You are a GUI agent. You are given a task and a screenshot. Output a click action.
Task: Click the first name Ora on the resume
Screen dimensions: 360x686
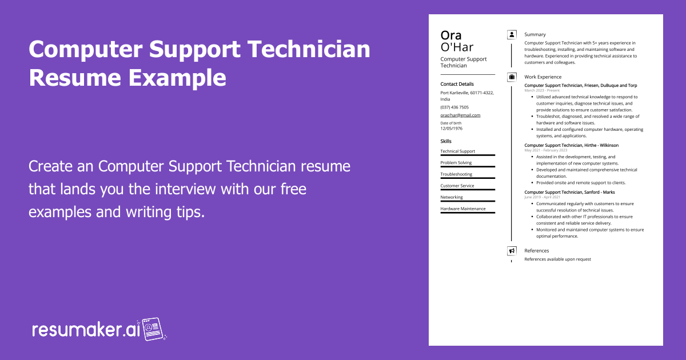click(451, 35)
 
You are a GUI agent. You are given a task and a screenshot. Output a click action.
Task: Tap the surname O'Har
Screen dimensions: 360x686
click(457, 47)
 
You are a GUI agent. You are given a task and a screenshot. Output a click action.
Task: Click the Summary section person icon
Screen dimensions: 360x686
click(512, 34)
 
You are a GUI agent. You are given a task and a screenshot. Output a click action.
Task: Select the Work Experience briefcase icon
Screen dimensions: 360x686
click(512, 77)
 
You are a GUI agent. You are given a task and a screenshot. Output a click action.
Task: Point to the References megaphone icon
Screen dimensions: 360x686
click(512, 251)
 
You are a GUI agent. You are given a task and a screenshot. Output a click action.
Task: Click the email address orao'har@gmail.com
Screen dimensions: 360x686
click(460, 115)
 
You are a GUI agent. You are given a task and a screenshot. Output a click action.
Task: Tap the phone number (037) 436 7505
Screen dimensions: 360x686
click(454, 107)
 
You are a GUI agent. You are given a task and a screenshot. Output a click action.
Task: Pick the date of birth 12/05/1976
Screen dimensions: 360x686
click(452, 128)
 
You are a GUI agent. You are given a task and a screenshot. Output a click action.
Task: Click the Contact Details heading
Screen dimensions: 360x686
click(457, 84)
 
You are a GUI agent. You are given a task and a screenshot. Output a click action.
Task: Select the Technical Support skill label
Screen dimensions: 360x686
click(457, 151)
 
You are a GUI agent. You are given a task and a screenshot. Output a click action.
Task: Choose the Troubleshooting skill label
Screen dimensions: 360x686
click(456, 174)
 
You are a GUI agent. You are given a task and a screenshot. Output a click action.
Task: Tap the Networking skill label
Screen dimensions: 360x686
click(452, 197)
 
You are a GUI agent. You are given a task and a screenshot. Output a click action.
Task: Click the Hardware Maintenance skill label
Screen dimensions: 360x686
click(463, 209)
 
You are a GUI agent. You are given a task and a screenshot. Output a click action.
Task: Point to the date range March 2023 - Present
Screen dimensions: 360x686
click(542, 90)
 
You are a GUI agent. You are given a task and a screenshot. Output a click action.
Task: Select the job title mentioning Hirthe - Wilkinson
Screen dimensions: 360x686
click(571, 145)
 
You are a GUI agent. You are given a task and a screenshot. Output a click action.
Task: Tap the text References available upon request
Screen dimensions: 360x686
click(557, 259)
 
